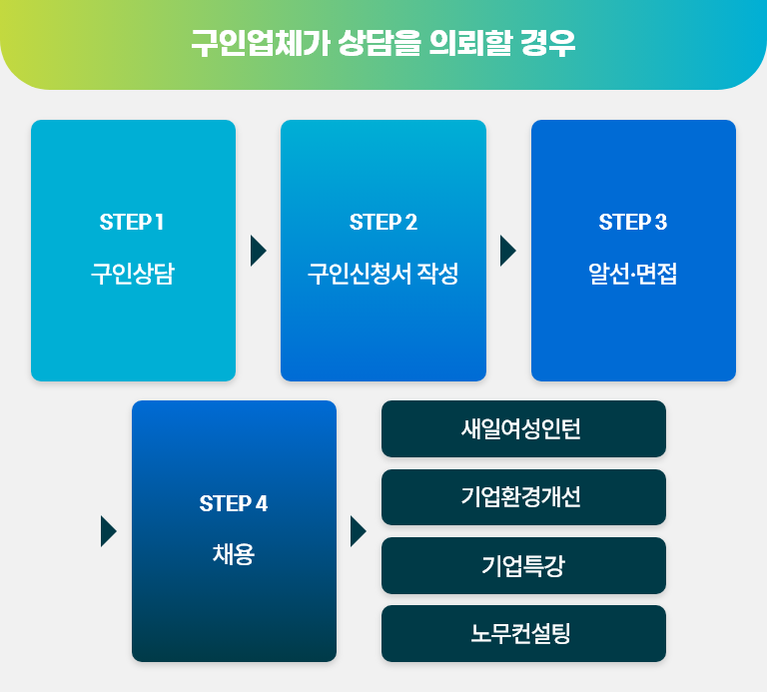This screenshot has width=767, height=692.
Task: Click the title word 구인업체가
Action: tap(261, 43)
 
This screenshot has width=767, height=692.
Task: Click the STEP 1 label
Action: tap(132, 222)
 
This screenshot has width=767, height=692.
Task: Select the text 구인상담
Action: tap(133, 274)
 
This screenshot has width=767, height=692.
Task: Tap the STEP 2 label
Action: tap(383, 222)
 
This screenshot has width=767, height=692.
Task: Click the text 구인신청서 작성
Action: tap(383, 274)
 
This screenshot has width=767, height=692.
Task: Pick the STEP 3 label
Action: tap(633, 222)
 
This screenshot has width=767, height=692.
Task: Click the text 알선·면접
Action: tap(633, 274)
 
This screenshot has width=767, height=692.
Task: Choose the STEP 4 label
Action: tap(234, 503)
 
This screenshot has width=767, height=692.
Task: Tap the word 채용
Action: tap(234, 554)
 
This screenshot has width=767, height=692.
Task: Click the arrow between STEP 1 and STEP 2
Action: tap(259, 251)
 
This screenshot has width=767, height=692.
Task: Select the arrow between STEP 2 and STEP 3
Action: tap(507, 251)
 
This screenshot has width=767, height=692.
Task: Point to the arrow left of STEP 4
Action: tap(109, 531)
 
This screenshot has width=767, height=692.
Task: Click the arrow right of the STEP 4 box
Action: tap(359, 531)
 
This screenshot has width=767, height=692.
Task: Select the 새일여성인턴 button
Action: tap(523, 429)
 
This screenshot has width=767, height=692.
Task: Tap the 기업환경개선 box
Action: tap(523, 497)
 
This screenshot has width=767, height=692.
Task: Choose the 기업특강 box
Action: tap(523, 565)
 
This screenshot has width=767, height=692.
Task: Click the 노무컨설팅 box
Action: tap(523, 633)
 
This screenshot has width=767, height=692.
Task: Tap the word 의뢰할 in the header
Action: tap(470, 43)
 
